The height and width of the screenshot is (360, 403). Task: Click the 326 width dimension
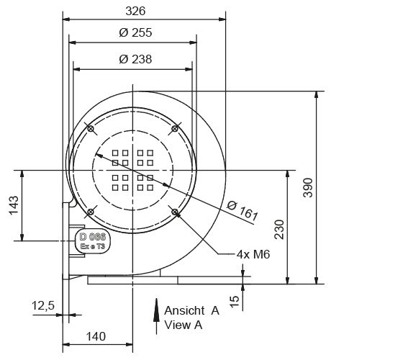[x=135, y=10]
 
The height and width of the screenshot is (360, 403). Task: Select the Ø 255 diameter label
[x=135, y=32]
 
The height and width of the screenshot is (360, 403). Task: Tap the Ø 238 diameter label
[x=135, y=59]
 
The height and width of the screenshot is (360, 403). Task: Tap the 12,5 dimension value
[x=43, y=306]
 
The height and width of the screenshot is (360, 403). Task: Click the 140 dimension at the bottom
[x=96, y=336]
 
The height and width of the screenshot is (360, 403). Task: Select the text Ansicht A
[x=191, y=311]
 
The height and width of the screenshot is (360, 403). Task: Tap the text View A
[x=184, y=325]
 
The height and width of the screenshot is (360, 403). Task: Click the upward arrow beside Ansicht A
[x=156, y=317]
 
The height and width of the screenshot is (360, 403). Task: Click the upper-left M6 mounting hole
[x=91, y=129]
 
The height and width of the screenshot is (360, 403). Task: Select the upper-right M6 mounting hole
[x=174, y=129]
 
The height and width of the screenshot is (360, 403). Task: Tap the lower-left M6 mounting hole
[x=91, y=211]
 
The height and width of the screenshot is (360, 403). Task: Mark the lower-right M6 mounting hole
[x=175, y=211]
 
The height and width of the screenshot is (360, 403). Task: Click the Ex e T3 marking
[x=93, y=246]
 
